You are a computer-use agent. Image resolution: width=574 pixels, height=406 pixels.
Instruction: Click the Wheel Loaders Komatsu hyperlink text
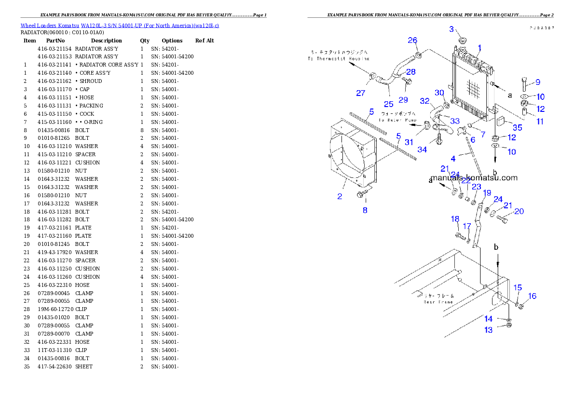tap(120, 26)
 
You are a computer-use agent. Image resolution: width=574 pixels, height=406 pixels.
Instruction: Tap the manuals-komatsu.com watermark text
tap(474, 177)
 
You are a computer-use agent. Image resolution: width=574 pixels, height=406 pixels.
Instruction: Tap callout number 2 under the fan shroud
tap(340, 196)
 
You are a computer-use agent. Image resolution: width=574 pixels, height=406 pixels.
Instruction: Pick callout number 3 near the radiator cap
tap(451, 29)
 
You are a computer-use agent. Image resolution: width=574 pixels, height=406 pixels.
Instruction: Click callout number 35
tap(517, 128)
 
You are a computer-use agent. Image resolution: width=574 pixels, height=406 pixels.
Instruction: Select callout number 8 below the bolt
tap(365, 210)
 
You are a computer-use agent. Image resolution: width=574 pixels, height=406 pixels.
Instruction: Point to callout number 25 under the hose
tap(388, 104)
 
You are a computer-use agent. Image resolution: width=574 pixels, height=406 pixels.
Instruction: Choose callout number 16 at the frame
tap(532, 296)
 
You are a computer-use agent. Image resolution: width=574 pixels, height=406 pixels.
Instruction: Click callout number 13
tap(489, 330)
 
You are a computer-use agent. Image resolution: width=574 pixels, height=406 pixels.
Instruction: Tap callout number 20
tap(519, 211)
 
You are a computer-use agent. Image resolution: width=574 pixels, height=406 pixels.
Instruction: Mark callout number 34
tap(422, 149)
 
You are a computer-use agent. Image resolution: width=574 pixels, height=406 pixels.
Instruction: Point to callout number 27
tap(361, 93)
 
